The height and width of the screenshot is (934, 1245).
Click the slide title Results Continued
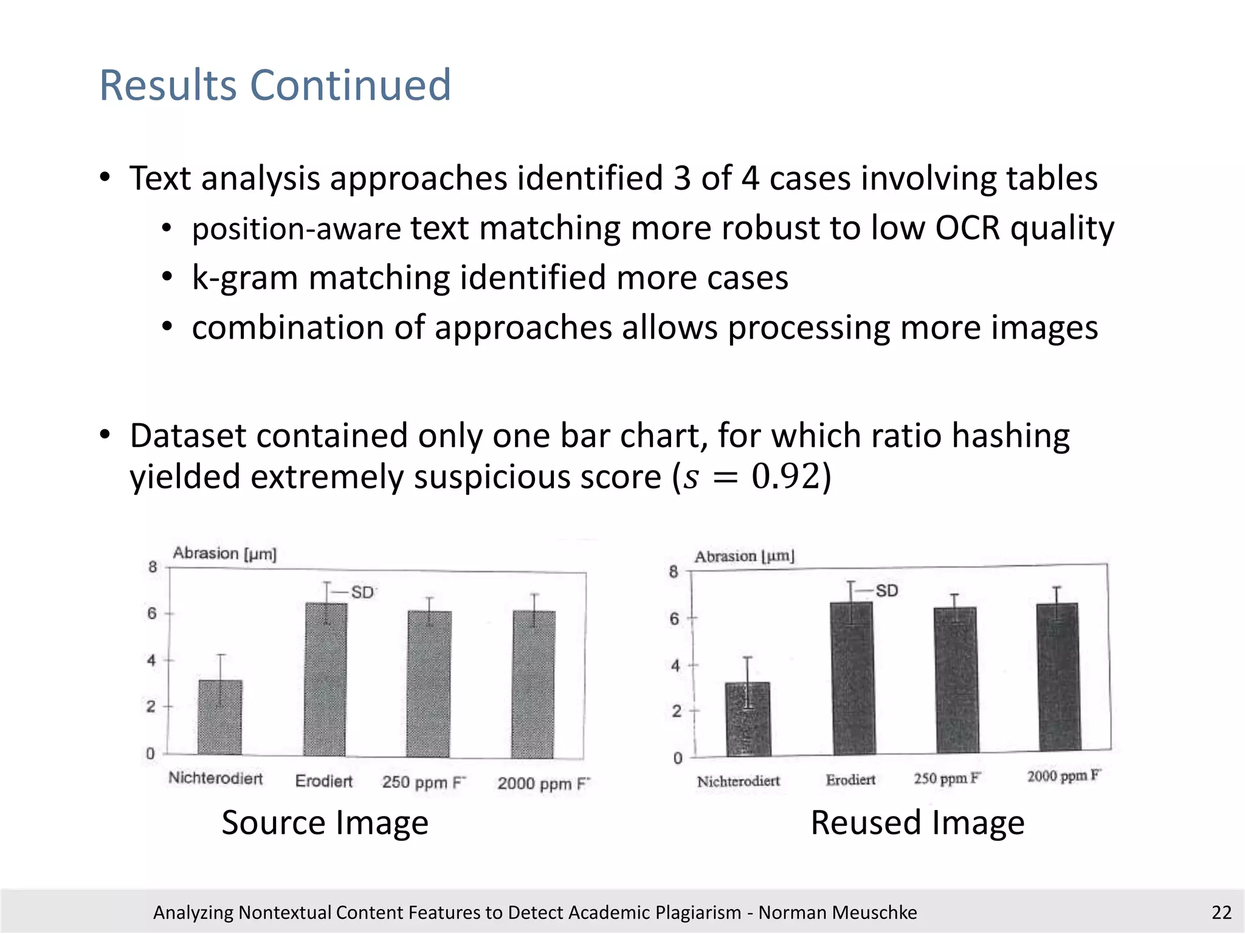tap(275, 85)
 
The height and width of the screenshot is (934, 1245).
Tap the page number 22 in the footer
tap(1221, 912)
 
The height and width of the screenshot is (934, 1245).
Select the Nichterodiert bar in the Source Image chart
tap(220, 718)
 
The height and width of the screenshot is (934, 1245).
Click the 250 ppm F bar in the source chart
tap(429, 684)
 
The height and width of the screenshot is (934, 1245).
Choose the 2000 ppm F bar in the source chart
tap(534, 684)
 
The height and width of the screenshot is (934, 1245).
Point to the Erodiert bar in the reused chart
tap(852, 678)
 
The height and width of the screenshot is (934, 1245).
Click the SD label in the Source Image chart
tap(362, 592)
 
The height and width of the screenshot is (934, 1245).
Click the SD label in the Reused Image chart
tap(886, 590)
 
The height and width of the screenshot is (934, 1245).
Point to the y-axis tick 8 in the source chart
tap(152, 567)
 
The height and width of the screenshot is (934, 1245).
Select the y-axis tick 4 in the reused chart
tap(675, 666)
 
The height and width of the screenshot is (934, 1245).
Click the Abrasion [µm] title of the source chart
tap(224, 553)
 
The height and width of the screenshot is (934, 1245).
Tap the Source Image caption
tap(325, 823)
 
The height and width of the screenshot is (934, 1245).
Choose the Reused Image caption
tap(917, 823)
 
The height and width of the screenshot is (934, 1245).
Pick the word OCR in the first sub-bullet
tap(967, 229)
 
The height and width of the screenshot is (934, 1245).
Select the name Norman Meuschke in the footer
tap(837, 912)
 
